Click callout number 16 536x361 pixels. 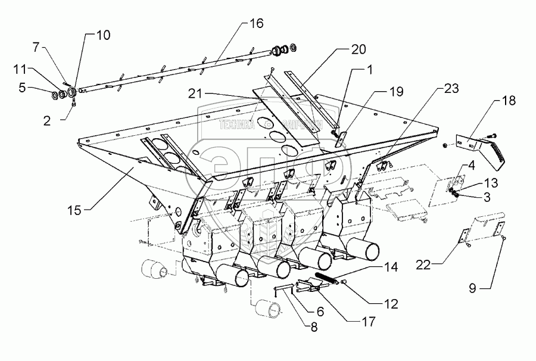(255, 24)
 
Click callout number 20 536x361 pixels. (358, 49)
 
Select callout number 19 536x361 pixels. (396, 92)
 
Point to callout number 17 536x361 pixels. (368, 322)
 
